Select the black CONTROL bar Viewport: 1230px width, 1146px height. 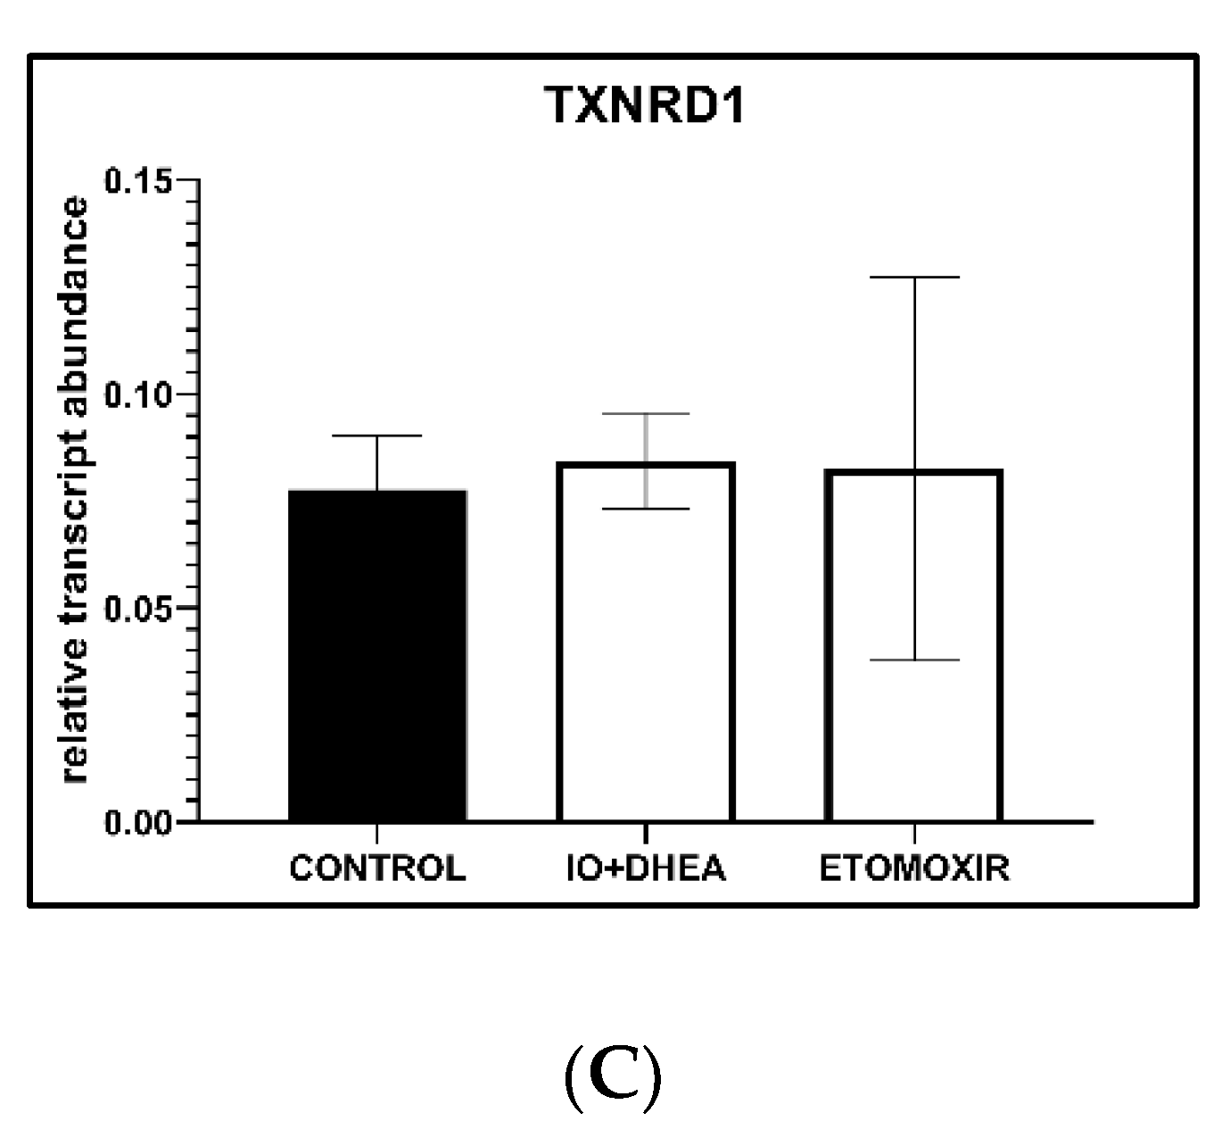tap(377, 655)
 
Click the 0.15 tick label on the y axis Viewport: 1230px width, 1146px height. tap(138, 181)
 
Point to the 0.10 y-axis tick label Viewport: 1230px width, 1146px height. tap(138, 394)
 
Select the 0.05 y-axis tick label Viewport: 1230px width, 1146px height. tap(138, 608)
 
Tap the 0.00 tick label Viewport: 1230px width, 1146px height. tap(138, 822)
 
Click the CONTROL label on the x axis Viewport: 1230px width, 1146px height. tap(377, 868)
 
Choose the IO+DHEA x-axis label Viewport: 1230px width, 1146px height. tap(646, 868)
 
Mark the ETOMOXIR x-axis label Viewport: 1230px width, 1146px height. tap(914, 868)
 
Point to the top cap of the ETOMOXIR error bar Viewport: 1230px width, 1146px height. tap(913, 278)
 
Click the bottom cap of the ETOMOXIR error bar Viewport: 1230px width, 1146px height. tap(913, 660)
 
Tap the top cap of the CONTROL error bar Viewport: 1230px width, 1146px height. tap(377, 436)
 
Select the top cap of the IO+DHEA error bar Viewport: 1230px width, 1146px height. tap(645, 414)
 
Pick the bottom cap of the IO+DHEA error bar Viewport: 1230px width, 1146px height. tap(645, 509)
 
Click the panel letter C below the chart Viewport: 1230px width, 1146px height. tap(614, 1078)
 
